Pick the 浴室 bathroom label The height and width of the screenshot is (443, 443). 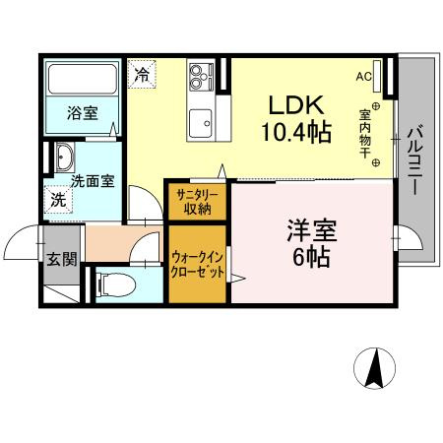click(x=83, y=113)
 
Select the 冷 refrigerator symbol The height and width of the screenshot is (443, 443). click(x=144, y=75)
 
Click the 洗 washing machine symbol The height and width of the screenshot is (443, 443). click(x=60, y=199)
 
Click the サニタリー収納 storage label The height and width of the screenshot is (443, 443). click(x=198, y=202)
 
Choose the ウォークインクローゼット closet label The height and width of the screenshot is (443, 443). click(x=198, y=265)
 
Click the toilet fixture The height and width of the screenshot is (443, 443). click(x=113, y=285)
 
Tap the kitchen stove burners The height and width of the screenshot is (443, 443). click(x=202, y=75)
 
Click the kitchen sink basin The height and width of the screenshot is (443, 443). click(x=204, y=122)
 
